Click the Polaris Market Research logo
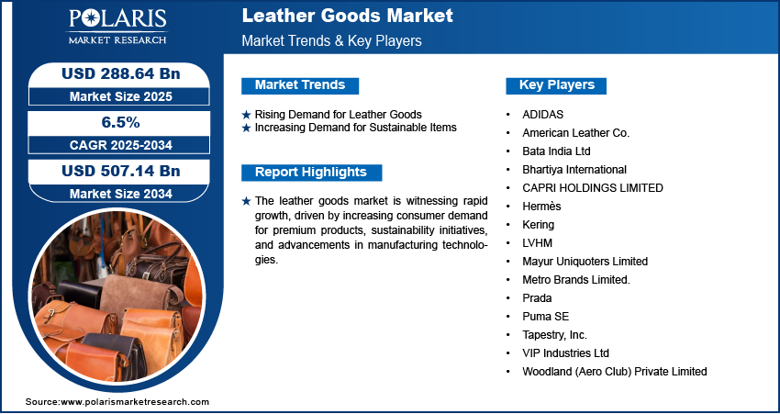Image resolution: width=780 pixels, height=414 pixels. click(x=117, y=26)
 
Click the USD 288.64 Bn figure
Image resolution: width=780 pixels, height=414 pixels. click(x=121, y=73)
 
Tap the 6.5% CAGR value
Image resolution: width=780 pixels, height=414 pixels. click(x=121, y=122)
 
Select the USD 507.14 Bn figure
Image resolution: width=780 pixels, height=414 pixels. click(x=121, y=171)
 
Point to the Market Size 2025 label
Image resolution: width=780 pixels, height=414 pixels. click(x=121, y=96)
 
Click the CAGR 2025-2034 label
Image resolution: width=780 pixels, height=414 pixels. click(x=121, y=145)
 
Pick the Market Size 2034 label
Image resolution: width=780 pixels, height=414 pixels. click(x=121, y=194)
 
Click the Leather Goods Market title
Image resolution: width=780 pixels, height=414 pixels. click(x=347, y=16)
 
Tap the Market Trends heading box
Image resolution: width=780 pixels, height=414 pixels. click(x=300, y=85)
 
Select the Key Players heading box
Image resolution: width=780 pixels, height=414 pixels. click(x=556, y=85)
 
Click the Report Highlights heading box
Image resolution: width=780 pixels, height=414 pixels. click(x=311, y=173)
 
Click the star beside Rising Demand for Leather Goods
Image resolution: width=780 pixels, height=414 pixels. click(x=246, y=115)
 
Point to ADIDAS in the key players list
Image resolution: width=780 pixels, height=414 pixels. click(x=542, y=115)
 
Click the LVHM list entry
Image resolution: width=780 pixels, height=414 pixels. click(x=537, y=243)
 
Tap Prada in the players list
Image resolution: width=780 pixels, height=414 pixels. click(x=537, y=298)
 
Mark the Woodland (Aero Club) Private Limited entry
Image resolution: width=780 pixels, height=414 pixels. click(x=614, y=372)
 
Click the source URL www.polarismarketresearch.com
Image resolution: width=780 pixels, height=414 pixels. click(x=135, y=401)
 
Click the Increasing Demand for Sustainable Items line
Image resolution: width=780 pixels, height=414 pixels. click(x=355, y=128)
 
